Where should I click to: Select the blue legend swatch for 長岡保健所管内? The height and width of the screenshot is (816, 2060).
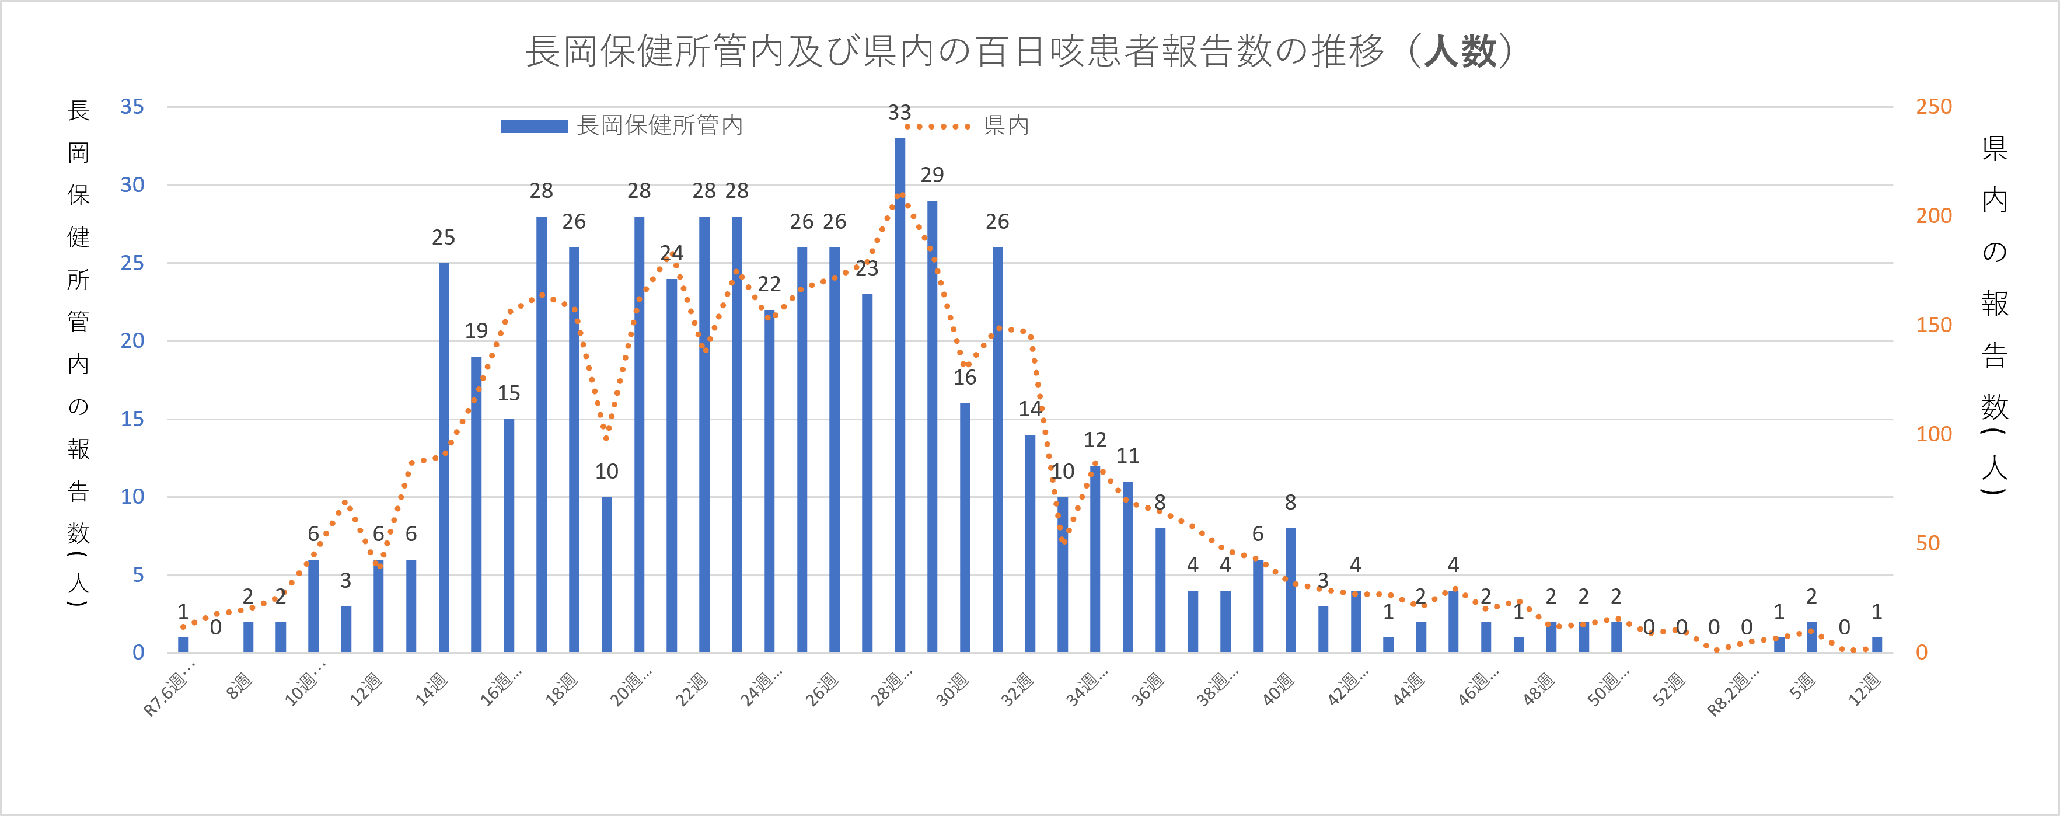point(533,127)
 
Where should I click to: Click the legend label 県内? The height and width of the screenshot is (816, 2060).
point(1006,125)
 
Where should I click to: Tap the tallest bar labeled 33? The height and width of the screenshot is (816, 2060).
point(900,396)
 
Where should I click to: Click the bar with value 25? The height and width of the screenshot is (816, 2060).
point(444,458)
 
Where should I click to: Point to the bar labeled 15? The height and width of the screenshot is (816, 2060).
point(509,535)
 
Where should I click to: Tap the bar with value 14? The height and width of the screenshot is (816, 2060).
point(1030,543)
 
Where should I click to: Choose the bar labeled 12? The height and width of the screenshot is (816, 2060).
point(1095,559)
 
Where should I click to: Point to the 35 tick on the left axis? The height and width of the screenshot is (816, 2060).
point(132,106)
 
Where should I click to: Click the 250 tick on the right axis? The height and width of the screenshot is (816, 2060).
point(1933,106)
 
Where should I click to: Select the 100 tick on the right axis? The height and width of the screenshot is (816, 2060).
point(1933,434)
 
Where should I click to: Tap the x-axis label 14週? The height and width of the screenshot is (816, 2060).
point(432,689)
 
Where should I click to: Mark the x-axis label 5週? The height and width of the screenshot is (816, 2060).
point(1803,686)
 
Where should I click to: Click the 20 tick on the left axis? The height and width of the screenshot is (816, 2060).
point(132,341)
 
